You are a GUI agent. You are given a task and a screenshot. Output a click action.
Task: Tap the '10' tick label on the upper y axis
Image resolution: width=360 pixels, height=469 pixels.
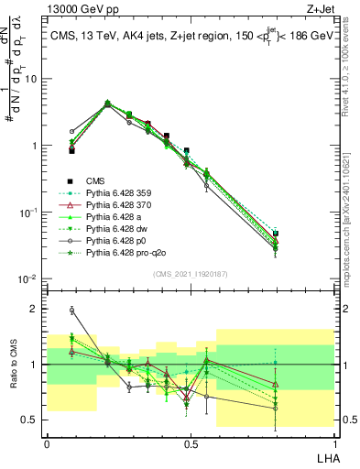coord(31,79)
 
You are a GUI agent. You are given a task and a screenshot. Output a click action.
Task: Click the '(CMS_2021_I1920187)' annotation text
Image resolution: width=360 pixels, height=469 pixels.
coord(191,273)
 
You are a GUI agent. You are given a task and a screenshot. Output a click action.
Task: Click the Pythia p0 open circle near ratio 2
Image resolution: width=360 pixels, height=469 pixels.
coord(72,311)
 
